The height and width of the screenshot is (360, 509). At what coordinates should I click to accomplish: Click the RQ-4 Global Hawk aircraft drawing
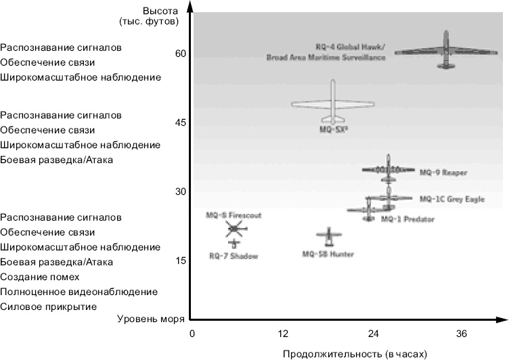(445, 51)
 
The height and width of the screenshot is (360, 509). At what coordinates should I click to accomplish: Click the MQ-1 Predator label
(407, 219)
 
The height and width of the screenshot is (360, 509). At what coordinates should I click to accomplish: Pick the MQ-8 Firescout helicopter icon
(234, 229)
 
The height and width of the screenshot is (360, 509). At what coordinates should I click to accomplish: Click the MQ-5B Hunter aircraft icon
(329, 235)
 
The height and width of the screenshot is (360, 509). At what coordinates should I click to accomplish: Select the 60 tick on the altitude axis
(181, 53)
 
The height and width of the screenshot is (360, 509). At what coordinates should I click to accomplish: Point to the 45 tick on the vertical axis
(181, 122)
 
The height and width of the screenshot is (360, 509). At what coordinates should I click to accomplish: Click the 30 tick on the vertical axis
(181, 192)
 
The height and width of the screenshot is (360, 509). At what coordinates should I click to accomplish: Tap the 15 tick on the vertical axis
(181, 261)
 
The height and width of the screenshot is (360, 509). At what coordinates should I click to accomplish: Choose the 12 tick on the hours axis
(284, 334)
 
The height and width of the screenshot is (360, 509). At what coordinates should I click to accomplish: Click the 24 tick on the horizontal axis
(373, 334)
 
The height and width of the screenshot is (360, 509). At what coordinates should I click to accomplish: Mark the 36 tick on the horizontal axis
(462, 334)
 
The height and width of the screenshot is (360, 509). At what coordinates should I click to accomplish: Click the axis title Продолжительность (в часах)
(355, 353)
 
